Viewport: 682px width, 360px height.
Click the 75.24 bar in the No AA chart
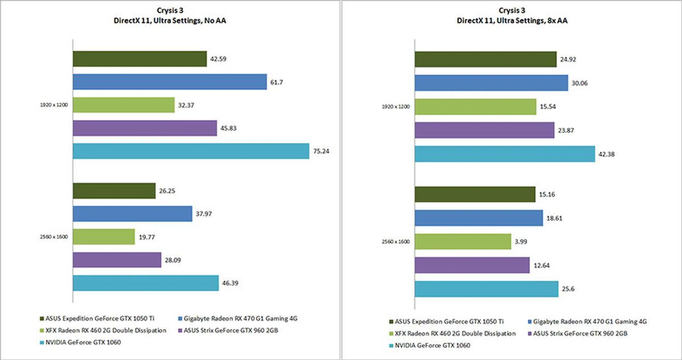[x=191, y=151]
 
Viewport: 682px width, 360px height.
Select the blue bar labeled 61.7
[x=169, y=82]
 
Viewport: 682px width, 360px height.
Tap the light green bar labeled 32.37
[x=124, y=105]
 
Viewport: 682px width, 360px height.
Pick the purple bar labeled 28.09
[x=117, y=260]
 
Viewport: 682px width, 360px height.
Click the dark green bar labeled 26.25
[x=114, y=191]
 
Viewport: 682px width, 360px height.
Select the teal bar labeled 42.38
[x=504, y=154]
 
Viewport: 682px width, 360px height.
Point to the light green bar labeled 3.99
[x=462, y=241]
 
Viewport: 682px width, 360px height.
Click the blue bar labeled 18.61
[x=478, y=218]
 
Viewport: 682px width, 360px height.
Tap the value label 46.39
[x=230, y=283]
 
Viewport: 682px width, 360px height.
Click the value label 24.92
[x=568, y=59]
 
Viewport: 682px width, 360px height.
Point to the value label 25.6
[x=568, y=289]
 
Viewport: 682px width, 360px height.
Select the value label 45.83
[x=228, y=128]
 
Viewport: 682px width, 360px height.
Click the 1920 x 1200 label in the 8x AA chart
[x=395, y=107]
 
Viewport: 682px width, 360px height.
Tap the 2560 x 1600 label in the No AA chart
[x=54, y=237]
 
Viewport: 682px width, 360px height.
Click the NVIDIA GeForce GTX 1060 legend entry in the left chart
[x=83, y=342]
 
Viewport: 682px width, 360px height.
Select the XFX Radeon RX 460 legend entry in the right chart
[x=455, y=333]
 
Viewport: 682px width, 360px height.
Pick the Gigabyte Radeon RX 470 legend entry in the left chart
[x=240, y=318]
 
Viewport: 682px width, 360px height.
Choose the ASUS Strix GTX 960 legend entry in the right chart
[x=580, y=333]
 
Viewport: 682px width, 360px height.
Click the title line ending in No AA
[x=170, y=21]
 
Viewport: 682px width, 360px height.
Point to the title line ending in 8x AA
[x=512, y=21]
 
